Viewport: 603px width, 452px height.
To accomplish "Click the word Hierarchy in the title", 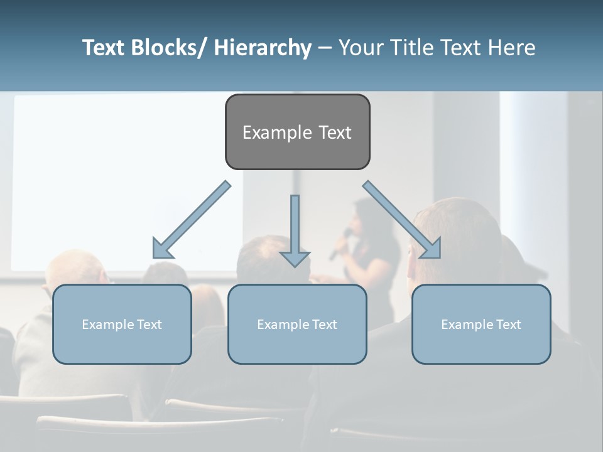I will (x=263, y=48).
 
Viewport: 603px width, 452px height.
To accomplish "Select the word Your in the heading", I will (x=361, y=48).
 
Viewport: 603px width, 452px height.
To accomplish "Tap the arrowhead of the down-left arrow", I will (x=161, y=250).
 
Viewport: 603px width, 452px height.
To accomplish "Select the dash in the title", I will (x=325, y=48).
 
